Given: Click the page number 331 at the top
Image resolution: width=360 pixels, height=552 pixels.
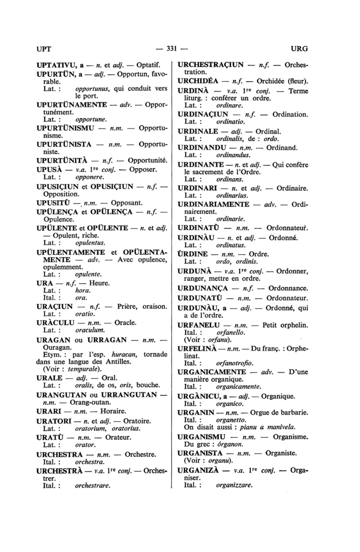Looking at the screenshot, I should pyautogui.click(x=171, y=49).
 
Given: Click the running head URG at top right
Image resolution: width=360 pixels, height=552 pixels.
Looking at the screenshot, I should pyautogui.click(x=299, y=49).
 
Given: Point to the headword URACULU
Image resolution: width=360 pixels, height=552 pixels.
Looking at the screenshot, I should pyautogui.click(x=55, y=322).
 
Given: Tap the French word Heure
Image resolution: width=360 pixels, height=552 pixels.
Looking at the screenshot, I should pyautogui.click(x=99, y=283).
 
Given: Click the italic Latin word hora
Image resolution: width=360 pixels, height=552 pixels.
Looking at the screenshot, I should pyautogui.click(x=83, y=290).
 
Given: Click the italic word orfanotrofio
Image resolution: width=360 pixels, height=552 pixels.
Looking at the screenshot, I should pyautogui.click(x=234, y=363).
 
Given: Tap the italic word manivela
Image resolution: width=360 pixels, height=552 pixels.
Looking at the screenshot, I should pyautogui.click(x=281, y=427).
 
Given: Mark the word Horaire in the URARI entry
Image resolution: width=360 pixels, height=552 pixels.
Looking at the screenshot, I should pyautogui.click(x=113, y=411).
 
